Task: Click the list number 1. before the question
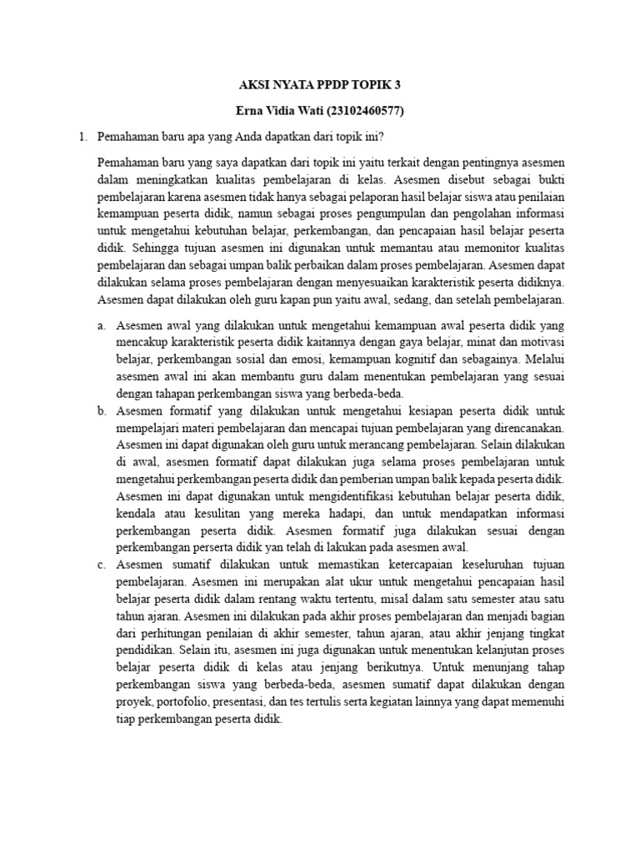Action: [81, 136]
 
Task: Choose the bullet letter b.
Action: [101, 411]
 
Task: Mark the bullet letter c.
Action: [101, 565]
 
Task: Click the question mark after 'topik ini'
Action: [382, 136]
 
